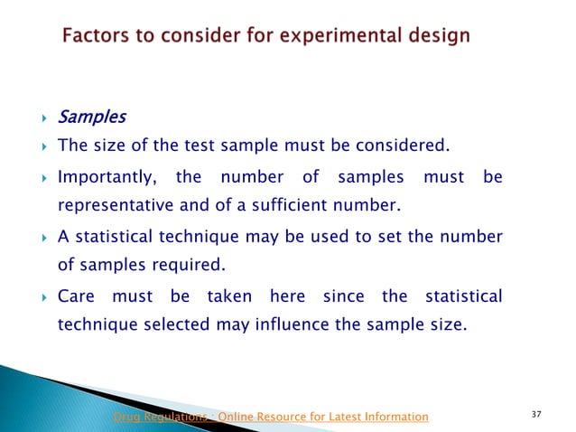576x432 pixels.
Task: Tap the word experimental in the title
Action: (x=319, y=37)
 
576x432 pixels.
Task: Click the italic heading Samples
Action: (x=92, y=117)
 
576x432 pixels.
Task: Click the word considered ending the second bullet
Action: (x=402, y=146)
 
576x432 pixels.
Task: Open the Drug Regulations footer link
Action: (x=270, y=416)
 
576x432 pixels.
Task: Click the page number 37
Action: (x=537, y=415)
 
